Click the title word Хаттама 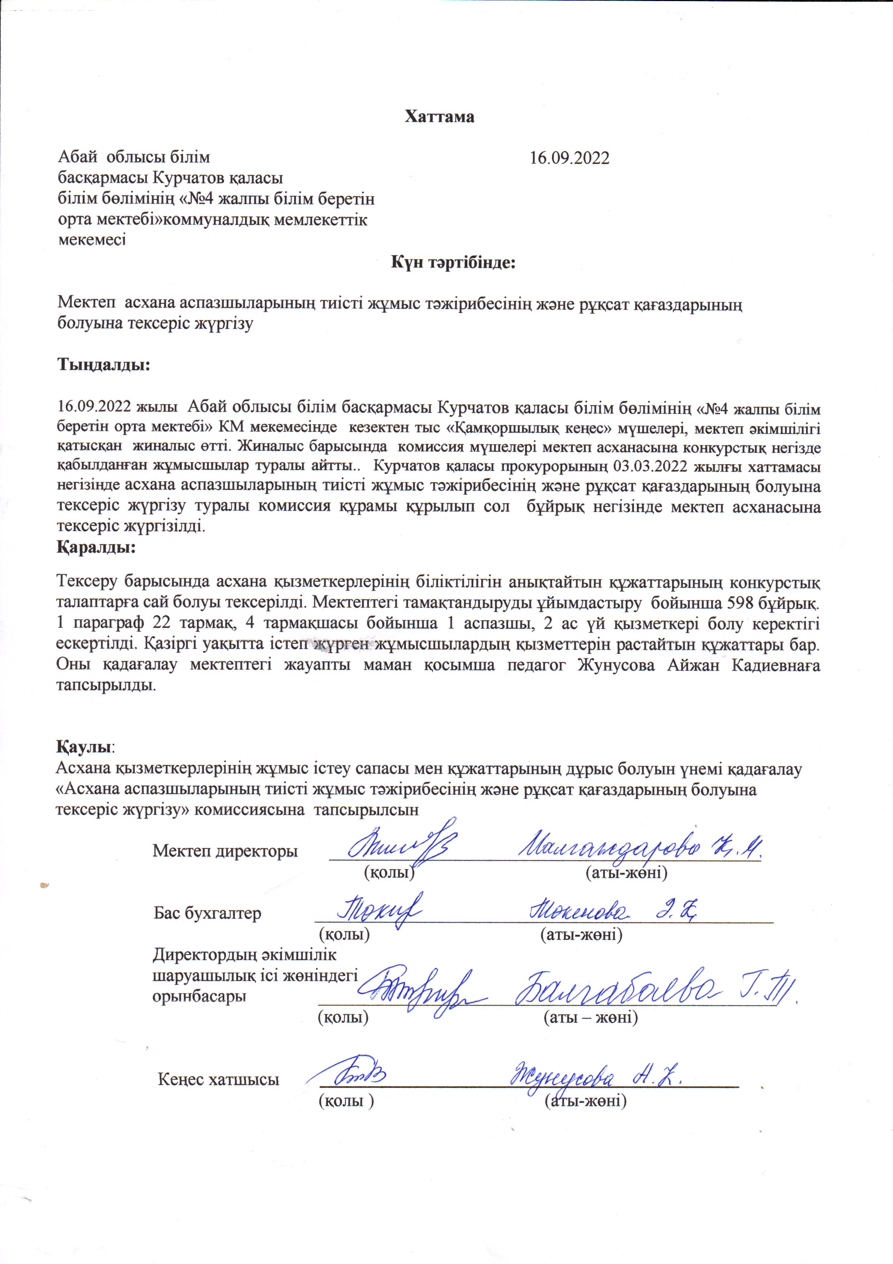pos(439,117)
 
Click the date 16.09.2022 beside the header pos(569,158)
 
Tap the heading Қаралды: pos(96,548)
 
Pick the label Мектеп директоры pos(225,851)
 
